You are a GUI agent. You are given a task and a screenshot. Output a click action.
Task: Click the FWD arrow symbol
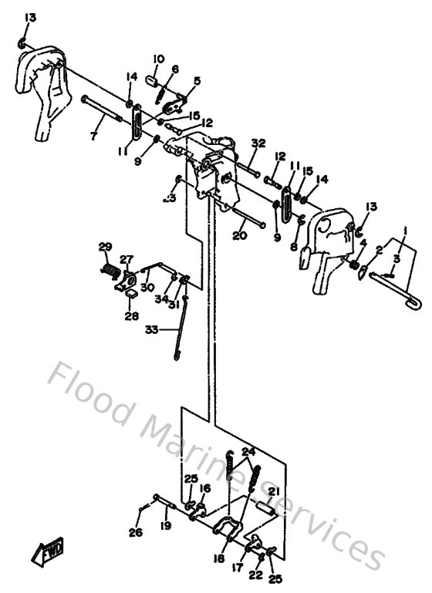coord(48,551)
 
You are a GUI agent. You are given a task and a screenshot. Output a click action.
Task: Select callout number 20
coord(239,236)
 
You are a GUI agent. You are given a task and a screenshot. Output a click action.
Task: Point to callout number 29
coord(105,247)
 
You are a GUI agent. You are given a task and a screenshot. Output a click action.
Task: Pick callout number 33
coord(152,329)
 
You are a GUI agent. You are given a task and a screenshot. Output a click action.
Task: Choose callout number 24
coord(248,451)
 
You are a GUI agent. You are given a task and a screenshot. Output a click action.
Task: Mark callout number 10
coord(158,59)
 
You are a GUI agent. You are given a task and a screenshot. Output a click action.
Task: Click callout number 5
coord(197,80)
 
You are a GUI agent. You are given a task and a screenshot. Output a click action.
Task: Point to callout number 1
coord(404,229)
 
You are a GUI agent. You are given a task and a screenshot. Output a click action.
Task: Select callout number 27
coord(127,260)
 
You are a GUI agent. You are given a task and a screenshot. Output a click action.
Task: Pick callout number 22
coord(256,574)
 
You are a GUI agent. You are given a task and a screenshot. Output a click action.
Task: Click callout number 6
coord(175,69)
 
